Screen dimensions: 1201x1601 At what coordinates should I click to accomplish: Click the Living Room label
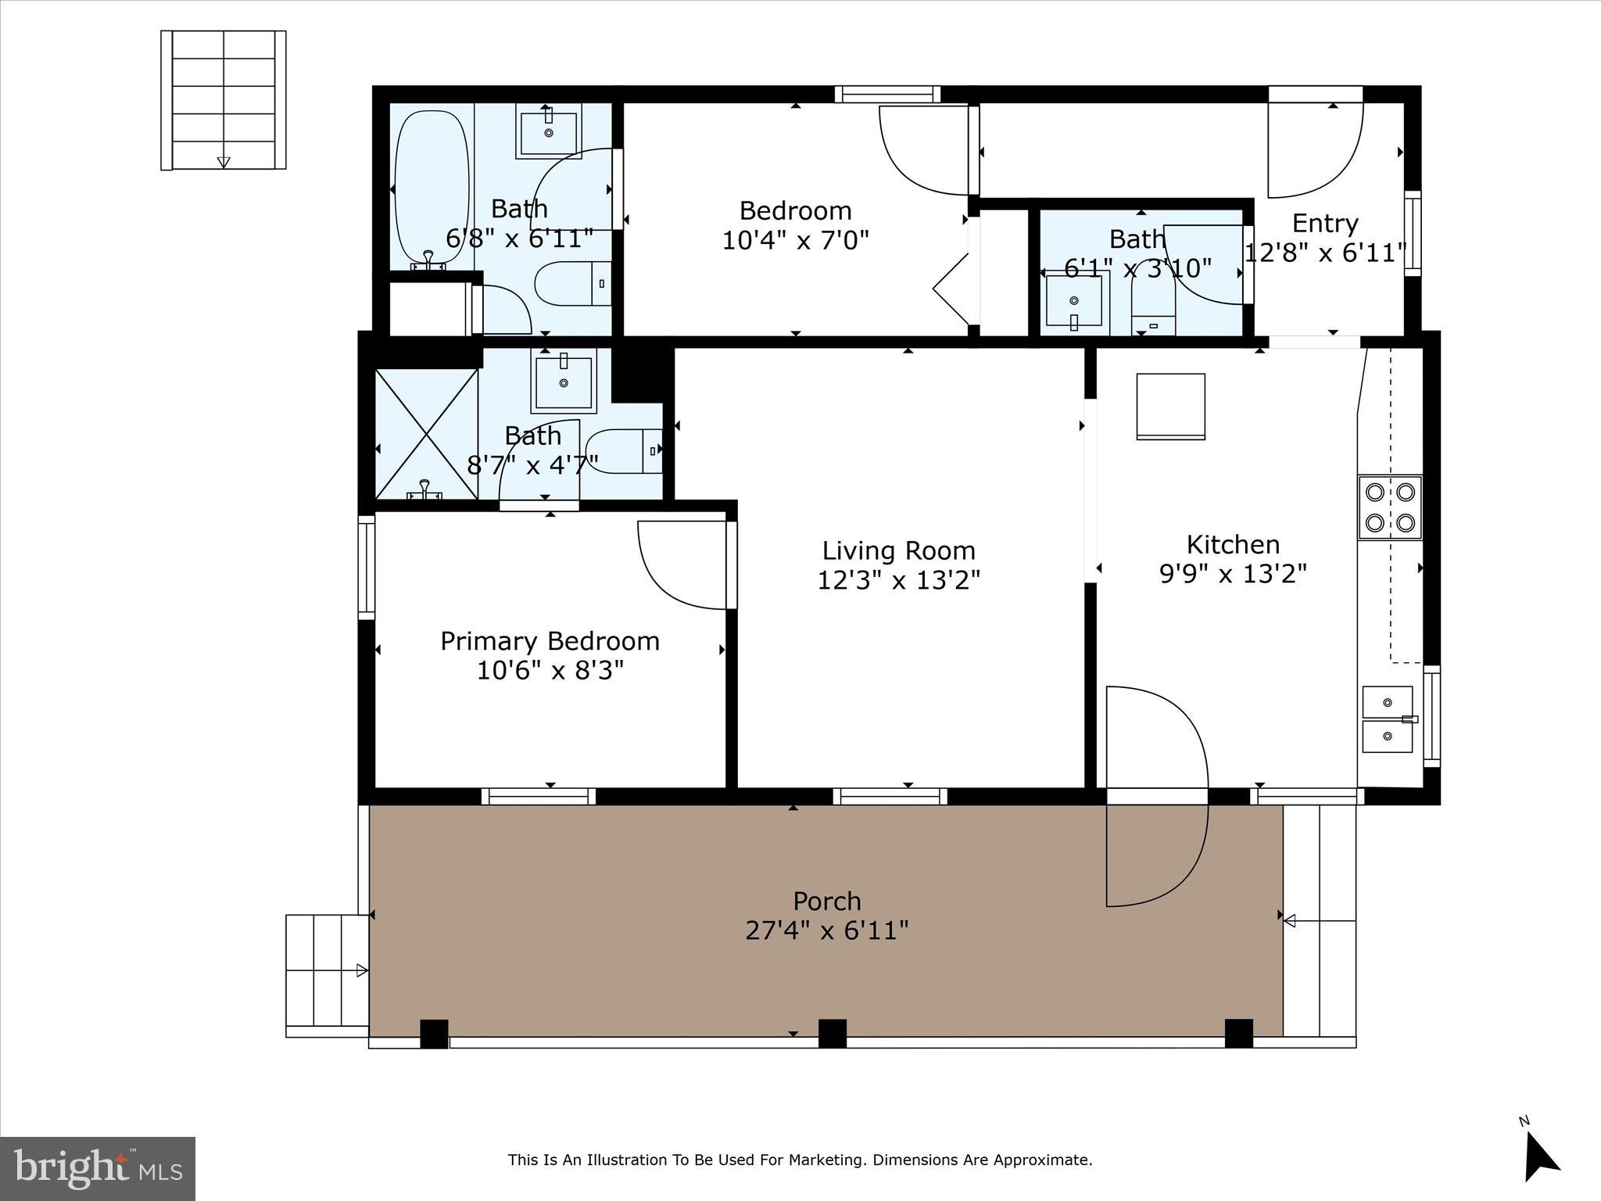pos(898,551)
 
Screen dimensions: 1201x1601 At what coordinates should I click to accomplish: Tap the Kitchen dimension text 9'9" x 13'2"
pos(1233,575)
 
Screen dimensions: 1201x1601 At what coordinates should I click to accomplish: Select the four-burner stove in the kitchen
pos(1389,507)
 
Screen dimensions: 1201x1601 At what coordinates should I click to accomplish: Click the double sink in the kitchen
pos(1388,719)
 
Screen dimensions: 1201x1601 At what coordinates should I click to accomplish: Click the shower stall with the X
pos(426,434)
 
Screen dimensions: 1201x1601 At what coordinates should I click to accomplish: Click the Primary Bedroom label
pos(550,641)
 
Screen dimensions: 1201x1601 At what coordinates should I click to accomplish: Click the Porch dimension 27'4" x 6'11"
pos(826,930)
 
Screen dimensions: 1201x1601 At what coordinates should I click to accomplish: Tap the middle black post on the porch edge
pos(832,1033)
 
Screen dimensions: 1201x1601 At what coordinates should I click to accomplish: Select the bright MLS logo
pos(98,1168)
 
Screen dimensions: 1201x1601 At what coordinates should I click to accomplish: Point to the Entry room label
pos(1324,224)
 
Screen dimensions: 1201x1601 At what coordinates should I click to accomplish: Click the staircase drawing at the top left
pos(224,99)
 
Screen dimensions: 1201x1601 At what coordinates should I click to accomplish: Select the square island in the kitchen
pos(1169,407)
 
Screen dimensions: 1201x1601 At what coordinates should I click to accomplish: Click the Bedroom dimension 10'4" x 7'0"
pos(795,239)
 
